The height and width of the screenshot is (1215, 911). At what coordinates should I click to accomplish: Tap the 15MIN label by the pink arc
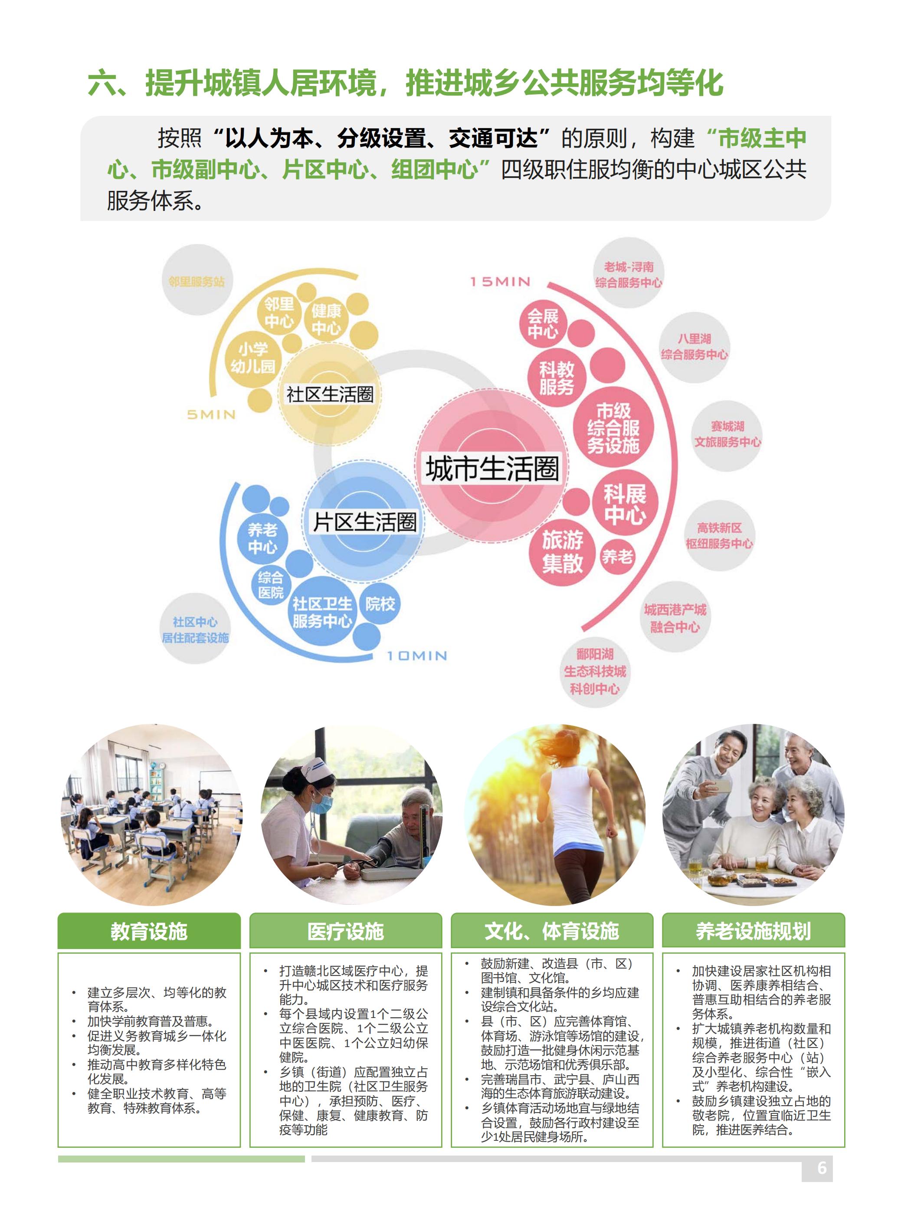(x=500, y=282)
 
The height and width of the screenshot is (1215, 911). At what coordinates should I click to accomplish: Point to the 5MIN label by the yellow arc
(x=211, y=415)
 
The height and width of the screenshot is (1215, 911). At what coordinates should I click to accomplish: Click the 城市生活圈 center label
(x=492, y=469)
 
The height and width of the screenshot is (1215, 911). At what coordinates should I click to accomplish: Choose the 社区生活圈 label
(x=329, y=394)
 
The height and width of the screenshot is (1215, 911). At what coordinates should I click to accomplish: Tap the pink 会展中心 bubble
(x=543, y=324)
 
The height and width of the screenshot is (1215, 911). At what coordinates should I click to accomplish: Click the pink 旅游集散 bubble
(x=562, y=552)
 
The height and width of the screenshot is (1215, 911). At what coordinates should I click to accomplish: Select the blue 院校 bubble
(x=380, y=604)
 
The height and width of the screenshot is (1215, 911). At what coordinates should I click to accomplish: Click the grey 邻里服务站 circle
(x=197, y=281)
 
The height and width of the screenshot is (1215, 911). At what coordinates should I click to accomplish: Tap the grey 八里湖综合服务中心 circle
(x=694, y=347)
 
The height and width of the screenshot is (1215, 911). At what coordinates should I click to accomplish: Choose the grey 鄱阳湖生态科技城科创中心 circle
(x=595, y=671)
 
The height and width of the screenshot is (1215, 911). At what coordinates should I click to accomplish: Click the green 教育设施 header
(x=149, y=932)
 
